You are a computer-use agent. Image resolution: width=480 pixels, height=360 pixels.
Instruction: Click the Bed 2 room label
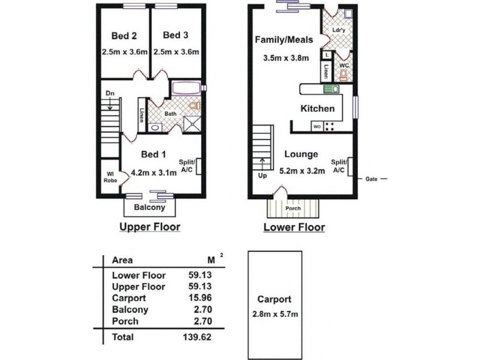(x=124, y=36)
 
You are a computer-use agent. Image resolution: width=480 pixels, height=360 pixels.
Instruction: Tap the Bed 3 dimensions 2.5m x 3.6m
(x=176, y=52)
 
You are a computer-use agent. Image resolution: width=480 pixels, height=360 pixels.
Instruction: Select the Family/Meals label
(x=284, y=40)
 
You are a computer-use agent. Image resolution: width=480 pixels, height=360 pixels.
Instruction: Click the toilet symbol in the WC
(x=344, y=75)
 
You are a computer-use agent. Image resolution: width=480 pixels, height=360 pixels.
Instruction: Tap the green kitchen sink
(x=332, y=89)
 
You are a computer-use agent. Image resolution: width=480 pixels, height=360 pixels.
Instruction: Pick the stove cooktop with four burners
(x=329, y=127)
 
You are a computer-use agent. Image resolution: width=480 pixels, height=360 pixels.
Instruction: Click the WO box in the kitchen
(x=317, y=127)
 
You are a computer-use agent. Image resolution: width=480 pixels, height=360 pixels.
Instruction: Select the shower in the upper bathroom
(x=192, y=124)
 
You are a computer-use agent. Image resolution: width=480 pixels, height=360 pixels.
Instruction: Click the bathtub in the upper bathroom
(x=186, y=88)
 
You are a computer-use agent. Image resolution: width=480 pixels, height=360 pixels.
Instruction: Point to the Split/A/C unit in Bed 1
(x=199, y=166)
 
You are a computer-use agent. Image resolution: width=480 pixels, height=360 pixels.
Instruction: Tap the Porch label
(x=293, y=208)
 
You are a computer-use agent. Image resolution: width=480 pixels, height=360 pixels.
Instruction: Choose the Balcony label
(x=149, y=208)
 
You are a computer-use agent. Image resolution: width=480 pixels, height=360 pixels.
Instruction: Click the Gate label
(x=371, y=179)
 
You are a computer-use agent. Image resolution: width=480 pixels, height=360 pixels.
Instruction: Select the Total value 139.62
(x=197, y=337)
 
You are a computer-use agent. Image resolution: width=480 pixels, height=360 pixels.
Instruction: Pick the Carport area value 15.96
(x=200, y=298)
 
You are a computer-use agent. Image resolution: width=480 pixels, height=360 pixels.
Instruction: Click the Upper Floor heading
(x=149, y=227)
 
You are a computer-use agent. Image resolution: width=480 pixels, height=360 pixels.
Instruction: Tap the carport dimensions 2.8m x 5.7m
(x=275, y=314)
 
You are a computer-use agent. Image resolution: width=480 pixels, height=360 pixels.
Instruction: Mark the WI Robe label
(x=110, y=178)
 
